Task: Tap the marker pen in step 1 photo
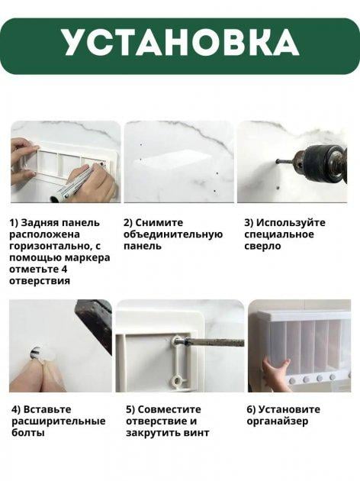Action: click(x=77, y=183)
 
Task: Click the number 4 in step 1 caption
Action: click(x=64, y=269)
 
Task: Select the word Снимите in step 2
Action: click(x=158, y=223)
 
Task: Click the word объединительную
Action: click(x=173, y=234)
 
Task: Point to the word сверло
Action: click(x=262, y=247)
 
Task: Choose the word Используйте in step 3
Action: click(x=291, y=223)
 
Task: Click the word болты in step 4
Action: click(x=28, y=433)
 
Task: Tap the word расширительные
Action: click(x=59, y=421)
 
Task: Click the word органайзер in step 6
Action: click(x=278, y=421)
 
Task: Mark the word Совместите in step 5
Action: click(x=169, y=409)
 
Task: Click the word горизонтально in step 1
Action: click(x=49, y=247)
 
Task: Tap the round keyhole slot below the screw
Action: click(x=177, y=381)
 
